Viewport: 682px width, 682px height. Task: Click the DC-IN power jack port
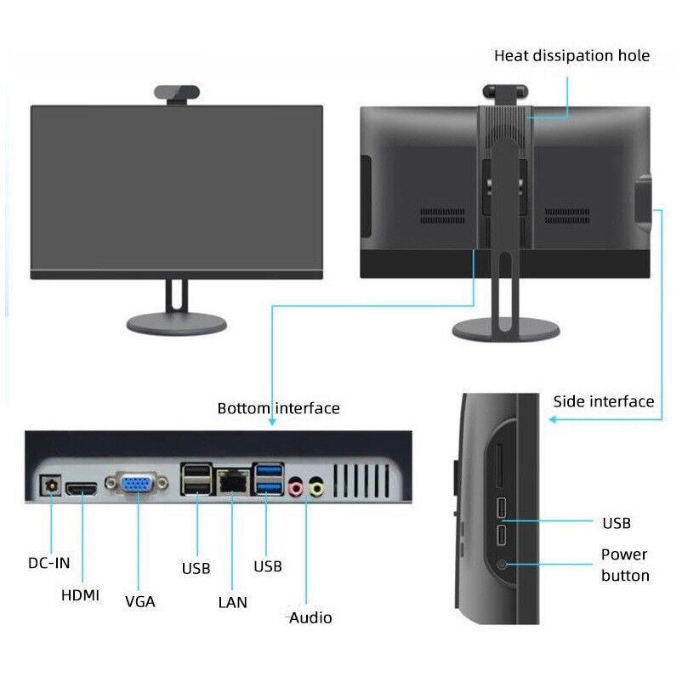[50, 485]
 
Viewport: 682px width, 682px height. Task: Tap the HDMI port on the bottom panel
[82, 489]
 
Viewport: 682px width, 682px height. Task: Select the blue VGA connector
[137, 483]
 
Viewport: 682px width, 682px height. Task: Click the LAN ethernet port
[233, 481]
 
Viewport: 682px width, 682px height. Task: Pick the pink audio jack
[296, 488]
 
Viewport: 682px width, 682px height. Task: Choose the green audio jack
[316, 488]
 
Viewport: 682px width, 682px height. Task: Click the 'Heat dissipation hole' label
[572, 55]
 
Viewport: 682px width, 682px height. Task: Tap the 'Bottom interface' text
[278, 408]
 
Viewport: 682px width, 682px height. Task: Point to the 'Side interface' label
[604, 401]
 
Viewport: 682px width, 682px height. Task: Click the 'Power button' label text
[625, 565]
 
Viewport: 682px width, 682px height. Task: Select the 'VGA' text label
[140, 601]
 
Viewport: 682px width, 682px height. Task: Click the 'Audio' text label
[310, 617]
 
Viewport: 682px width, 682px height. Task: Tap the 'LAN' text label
[233, 602]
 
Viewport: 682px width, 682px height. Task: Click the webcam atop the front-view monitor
[177, 93]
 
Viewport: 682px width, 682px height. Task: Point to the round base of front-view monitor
[177, 324]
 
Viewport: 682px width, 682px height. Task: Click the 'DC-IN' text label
[48, 563]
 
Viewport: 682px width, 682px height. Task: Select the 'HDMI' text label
[80, 595]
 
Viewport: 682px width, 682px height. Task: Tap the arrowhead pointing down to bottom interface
[272, 422]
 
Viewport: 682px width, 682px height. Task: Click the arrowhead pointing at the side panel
[553, 420]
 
